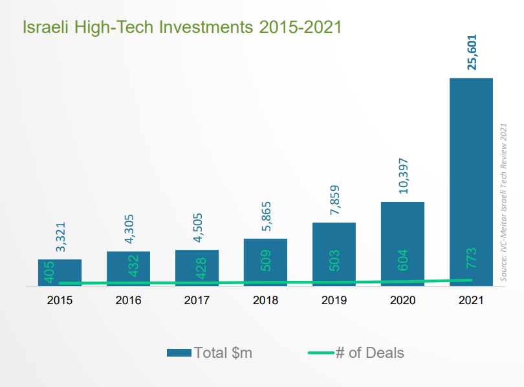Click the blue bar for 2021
click(x=471, y=181)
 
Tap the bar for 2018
click(x=265, y=262)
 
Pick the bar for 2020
click(x=402, y=243)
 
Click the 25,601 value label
click(x=472, y=52)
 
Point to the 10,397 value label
click(x=403, y=176)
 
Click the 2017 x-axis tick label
click(x=197, y=301)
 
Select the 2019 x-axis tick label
click(x=334, y=301)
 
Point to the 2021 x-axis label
click(x=472, y=301)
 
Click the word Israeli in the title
click(x=46, y=27)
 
